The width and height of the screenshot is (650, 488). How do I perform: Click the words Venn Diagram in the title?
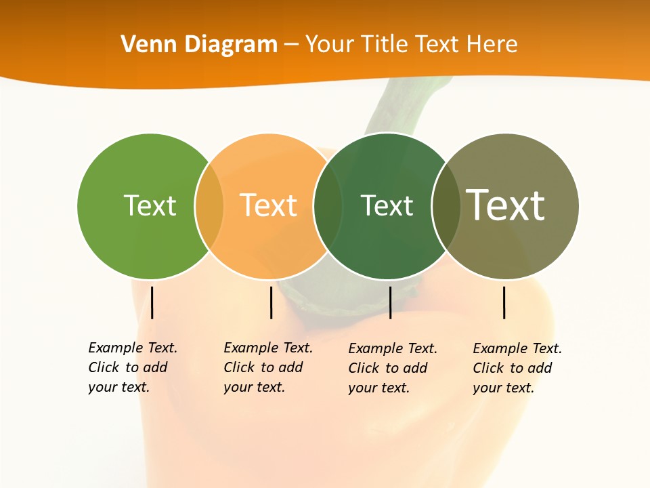pos(199,44)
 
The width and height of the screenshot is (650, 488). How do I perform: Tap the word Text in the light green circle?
pos(150,205)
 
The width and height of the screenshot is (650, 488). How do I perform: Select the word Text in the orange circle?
pos(268,205)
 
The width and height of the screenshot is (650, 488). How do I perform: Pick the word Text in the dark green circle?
pos(387,205)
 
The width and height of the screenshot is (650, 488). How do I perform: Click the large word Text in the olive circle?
pos(506,205)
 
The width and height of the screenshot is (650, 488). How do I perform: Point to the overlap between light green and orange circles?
pos(209,205)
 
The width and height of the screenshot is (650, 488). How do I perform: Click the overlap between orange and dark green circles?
pos(328,205)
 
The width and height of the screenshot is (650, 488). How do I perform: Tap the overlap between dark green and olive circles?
pos(446,205)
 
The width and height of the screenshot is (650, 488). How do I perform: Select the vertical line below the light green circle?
pos(152,302)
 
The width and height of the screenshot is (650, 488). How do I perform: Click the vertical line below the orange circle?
pos(271,302)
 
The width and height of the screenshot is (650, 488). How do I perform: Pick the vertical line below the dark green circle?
pos(390,302)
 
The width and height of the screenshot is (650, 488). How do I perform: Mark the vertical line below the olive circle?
pos(504,302)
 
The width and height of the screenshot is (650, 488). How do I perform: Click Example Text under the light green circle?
pos(133,348)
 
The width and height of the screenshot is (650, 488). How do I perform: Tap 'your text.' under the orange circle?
pos(254,387)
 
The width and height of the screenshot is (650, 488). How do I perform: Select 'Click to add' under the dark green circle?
pos(388,368)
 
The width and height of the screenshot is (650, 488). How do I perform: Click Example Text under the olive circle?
pos(517,348)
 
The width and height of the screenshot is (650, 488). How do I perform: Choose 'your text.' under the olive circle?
pos(503,388)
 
